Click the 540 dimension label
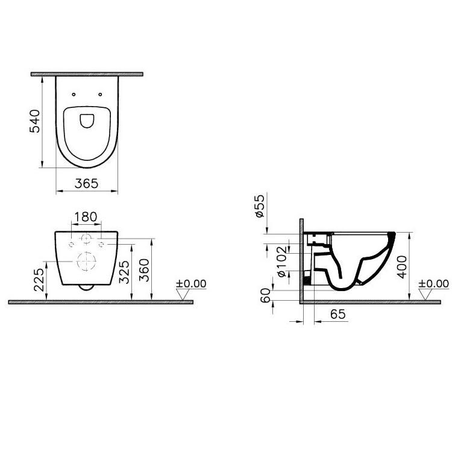coord(35,121)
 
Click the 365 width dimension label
coord(87,184)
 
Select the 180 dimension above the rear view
coord(86,216)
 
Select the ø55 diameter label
coord(260,206)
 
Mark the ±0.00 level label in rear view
coord(190,283)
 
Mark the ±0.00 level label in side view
coord(433,283)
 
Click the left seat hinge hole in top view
coord(73,94)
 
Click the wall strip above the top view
coord(86,74)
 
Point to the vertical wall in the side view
coord(300,259)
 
